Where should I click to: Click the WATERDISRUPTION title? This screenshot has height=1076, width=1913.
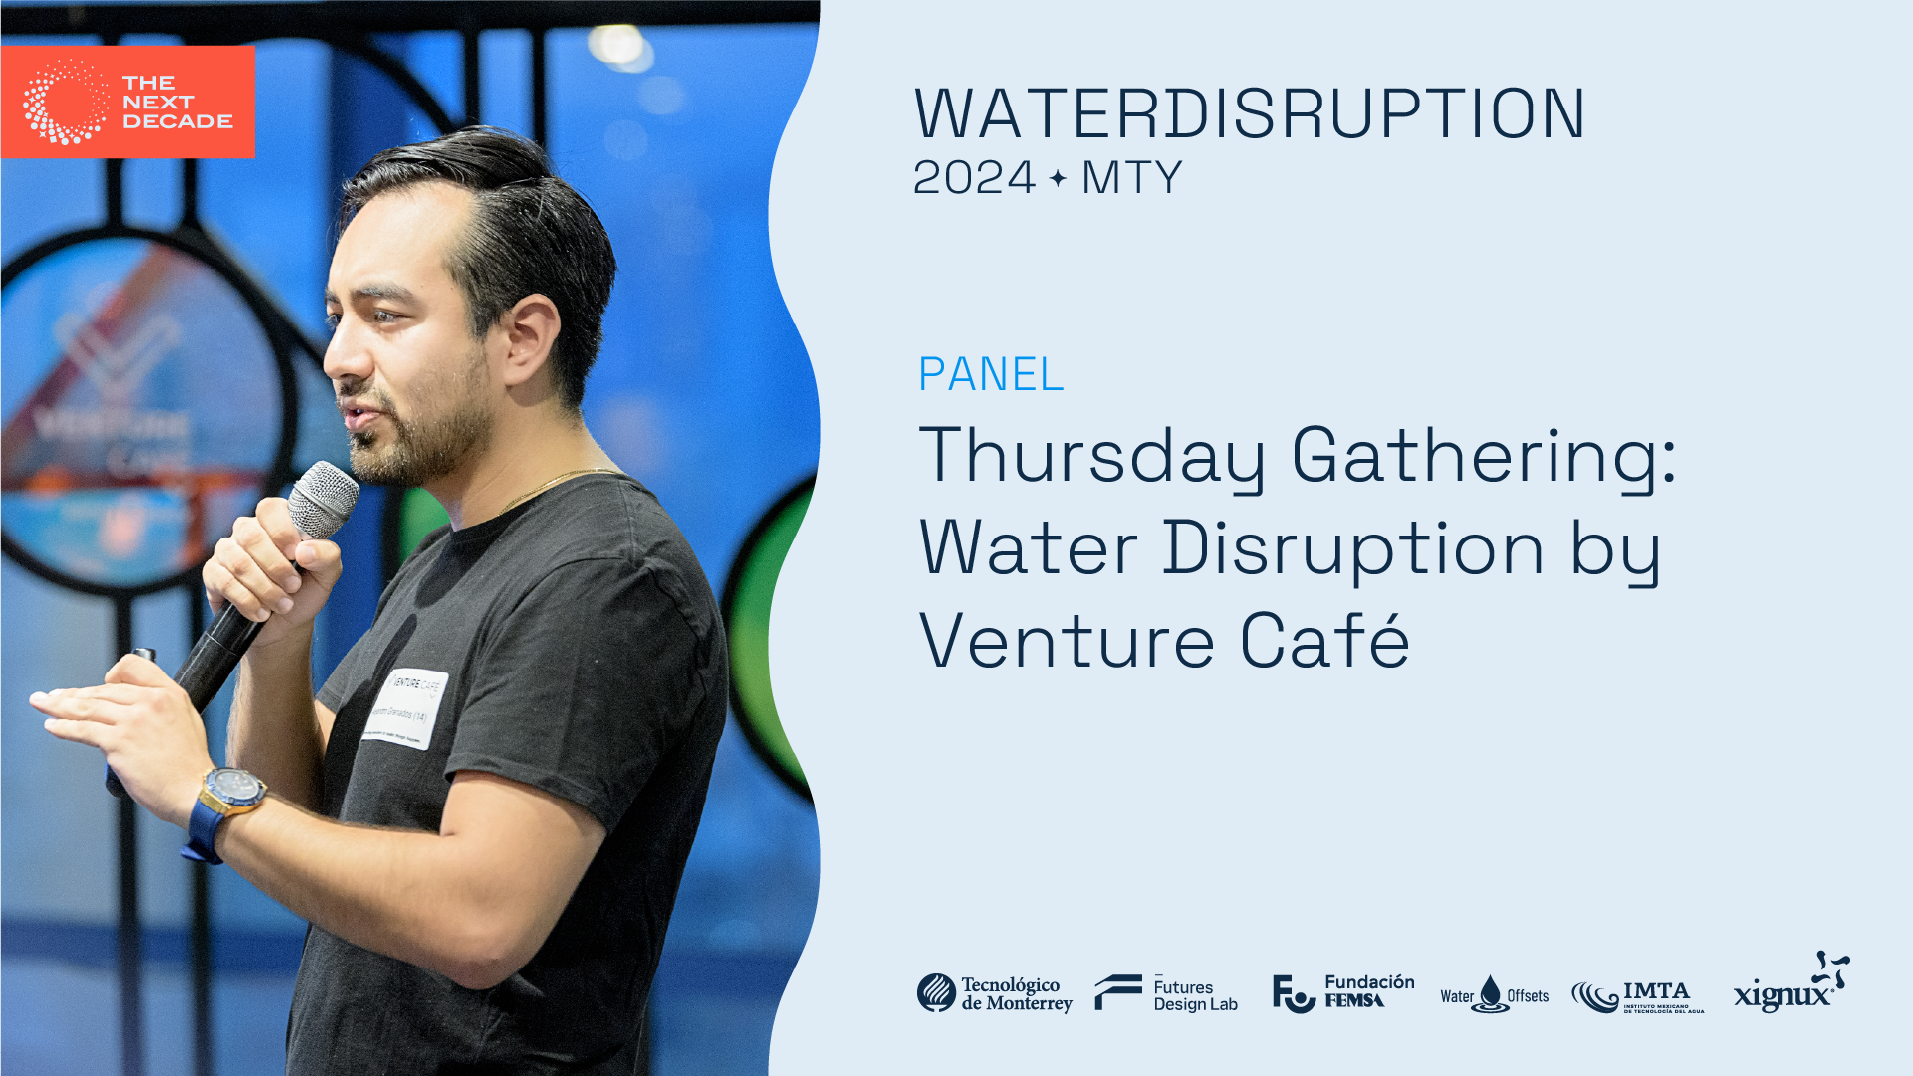coord(1250,113)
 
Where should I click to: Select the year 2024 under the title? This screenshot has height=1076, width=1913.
coord(974,178)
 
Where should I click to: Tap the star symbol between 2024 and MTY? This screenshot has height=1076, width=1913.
coord(1058,178)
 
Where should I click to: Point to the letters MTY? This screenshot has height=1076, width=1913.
coord(1131,178)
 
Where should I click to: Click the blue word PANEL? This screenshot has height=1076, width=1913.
coord(991,374)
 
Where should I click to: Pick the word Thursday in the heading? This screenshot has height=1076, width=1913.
coord(1091,456)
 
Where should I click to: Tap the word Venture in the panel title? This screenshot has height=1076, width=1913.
coord(1066,642)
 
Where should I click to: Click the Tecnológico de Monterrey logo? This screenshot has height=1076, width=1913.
coord(994,993)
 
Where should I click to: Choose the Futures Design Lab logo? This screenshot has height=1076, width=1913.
coord(1166,993)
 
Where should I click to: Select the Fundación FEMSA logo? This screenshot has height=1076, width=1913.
coord(1342,992)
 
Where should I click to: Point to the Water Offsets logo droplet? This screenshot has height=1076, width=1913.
coord(1490,993)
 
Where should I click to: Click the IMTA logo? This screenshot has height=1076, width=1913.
coord(1637,995)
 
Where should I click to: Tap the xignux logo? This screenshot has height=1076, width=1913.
coord(1791,985)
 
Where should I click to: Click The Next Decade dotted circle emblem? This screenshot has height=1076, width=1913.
coord(66,102)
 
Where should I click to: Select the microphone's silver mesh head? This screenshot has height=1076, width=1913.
coord(323,498)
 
